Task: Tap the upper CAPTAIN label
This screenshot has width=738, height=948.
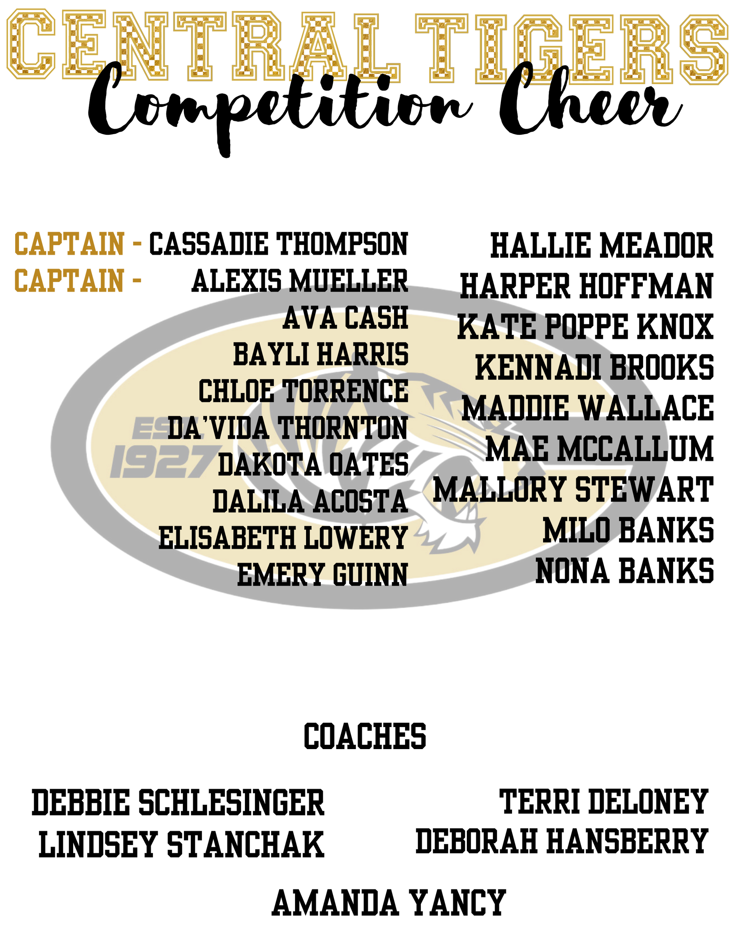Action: click(69, 244)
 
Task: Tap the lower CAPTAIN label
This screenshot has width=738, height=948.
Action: click(69, 280)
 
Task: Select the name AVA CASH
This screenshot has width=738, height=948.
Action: click(345, 319)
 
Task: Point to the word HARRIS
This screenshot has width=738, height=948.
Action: click(363, 354)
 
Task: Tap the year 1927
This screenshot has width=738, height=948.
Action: click(163, 461)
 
